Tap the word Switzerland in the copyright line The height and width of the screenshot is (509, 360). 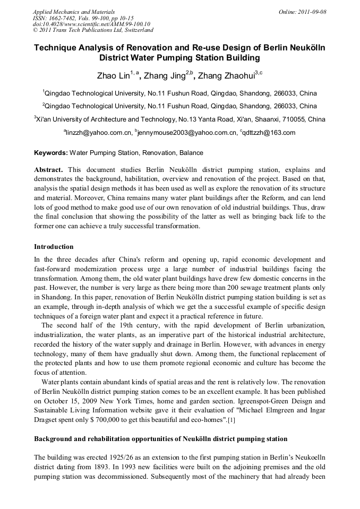pos(132,31)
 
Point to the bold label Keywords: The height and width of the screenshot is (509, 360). pos(51,153)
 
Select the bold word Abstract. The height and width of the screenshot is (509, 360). pos(49,170)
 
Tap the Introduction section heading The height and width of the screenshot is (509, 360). pos(54,247)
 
